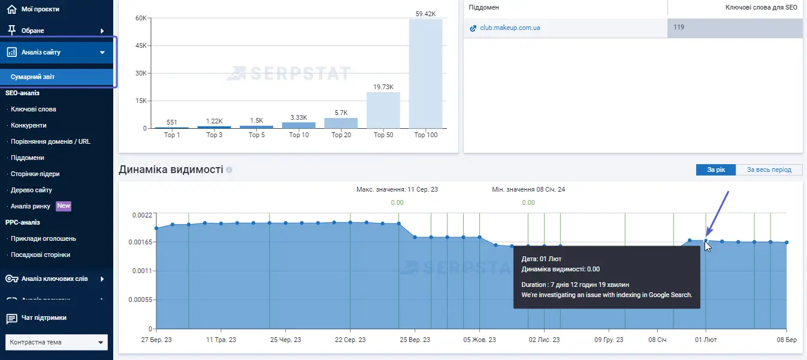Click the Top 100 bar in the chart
pos(425,74)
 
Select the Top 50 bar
pos(383,110)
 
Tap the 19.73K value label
pos(383,87)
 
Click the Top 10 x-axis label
pos(299,135)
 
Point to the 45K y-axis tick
pos(140,46)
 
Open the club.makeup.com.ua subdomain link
pos(510,28)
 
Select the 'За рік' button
pos(716,170)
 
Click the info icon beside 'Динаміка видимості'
pos(229,170)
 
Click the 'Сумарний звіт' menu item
pos(33,77)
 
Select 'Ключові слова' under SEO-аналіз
pos(34,110)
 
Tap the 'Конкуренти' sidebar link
pos(29,126)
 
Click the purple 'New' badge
pos(64,206)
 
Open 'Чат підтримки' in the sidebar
pos(44,318)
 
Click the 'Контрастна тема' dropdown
pos(56,343)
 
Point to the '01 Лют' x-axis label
pos(706,340)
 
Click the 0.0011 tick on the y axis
pos(142,271)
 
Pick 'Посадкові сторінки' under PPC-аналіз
pos(40,255)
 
